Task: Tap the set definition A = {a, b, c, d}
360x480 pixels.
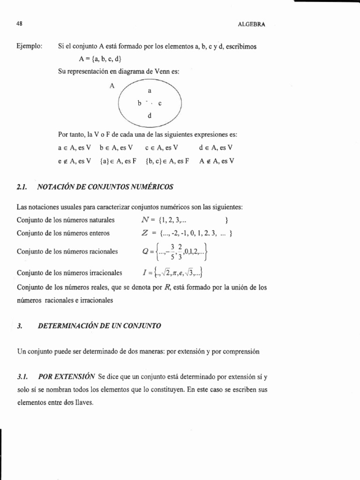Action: pyautogui.click(x=102, y=59)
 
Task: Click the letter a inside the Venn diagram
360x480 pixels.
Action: pyautogui.click(x=149, y=90)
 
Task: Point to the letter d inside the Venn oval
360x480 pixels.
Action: pyautogui.click(x=149, y=115)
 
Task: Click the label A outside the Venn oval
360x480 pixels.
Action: pyautogui.click(x=112, y=86)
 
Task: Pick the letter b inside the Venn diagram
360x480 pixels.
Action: pyautogui.click(x=139, y=103)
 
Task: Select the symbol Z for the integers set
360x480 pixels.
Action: pyautogui.click(x=145, y=233)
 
